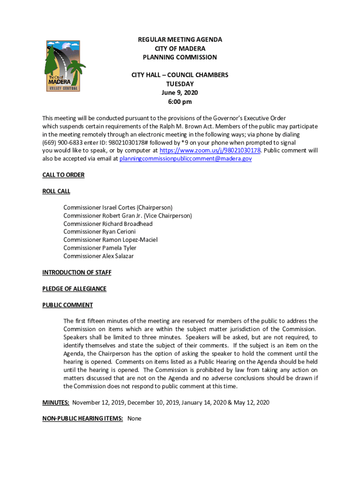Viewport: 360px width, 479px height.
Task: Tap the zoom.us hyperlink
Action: [x=210, y=151]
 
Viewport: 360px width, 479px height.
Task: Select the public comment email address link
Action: [x=186, y=159]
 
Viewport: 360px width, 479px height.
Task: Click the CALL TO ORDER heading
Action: [x=64, y=175]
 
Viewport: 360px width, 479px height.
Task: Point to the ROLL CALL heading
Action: [x=56, y=191]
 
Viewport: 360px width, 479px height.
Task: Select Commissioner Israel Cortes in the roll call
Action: [x=118, y=207]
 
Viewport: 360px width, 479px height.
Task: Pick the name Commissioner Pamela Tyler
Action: [x=100, y=248]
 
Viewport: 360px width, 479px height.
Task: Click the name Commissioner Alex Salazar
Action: [x=101, y=256]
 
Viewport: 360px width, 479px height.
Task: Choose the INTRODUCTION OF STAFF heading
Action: [x=77, y=272]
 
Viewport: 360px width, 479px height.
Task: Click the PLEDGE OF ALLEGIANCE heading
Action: [x=74, y=289]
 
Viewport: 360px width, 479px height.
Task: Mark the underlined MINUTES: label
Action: [x=56, y=402]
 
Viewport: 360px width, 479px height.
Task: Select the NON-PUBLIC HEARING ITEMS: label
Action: [x=83, y=419]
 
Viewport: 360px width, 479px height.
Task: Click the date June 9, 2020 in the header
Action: [x=180, y=93]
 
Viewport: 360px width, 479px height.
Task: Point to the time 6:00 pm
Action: [x=180, y=102]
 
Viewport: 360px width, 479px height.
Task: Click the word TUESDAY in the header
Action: [x=180, y=84]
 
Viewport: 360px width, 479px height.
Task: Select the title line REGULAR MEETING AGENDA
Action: [x=180, y=40]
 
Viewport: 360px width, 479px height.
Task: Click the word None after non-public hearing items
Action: [x=134, y=419]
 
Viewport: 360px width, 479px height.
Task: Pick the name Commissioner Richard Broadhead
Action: [x=108, y=224]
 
